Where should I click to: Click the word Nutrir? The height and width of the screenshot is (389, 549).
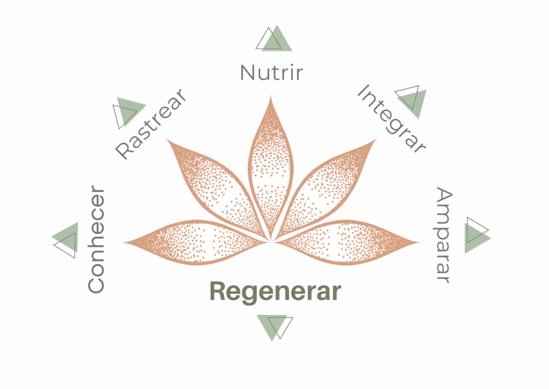271,72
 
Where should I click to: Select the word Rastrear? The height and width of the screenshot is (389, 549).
151,124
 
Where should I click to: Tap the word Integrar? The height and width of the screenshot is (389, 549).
391,118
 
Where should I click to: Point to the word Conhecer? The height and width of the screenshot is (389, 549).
96,240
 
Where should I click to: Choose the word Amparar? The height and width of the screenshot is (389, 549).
444,235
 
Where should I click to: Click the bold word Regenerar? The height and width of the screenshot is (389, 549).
276,291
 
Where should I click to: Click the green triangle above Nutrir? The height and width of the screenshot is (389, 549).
277,39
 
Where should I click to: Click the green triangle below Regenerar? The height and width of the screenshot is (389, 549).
272,325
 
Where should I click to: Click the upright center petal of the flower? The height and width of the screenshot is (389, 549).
270,168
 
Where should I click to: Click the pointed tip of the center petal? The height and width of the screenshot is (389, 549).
270,95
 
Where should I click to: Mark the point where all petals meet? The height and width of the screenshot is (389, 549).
271,241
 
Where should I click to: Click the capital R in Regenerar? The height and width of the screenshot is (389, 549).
218,291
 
